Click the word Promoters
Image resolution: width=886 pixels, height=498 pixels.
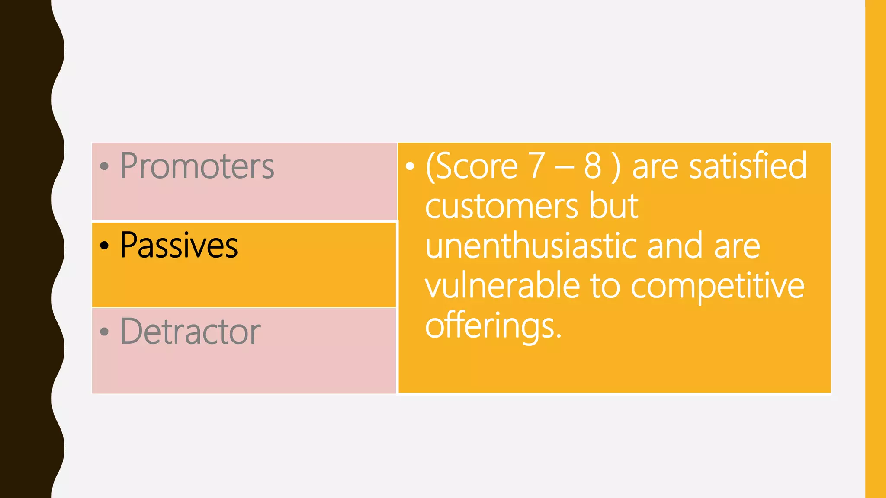[x=197, y=166]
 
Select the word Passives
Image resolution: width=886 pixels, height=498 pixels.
[x=179, y=246]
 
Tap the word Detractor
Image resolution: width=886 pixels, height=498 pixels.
[x=190, y=332]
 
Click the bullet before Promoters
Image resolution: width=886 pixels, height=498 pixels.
[x=104, y=166]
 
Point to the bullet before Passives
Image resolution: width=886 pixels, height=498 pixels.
[x=104, y=246]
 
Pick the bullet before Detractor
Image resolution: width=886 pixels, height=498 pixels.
[x=104, y=332]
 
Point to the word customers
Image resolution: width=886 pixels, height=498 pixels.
[x=501, y=206]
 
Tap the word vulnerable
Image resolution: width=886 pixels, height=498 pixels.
[x=502, y=285]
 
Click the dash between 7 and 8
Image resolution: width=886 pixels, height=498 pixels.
[x=565, y=167]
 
